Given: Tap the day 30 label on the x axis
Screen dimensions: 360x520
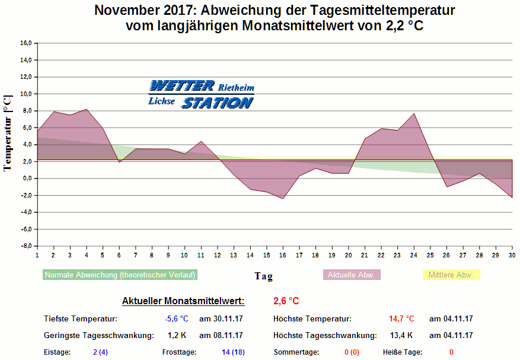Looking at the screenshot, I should [512, 255].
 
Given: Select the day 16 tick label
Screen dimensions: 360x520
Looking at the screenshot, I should [283, 255].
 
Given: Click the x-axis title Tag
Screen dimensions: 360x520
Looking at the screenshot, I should [264, 276].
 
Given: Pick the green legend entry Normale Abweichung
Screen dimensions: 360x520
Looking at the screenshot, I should [120, 275].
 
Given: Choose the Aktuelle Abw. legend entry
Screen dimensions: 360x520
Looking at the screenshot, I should [351, 275].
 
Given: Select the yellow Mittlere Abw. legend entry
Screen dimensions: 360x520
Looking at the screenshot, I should [451, 275].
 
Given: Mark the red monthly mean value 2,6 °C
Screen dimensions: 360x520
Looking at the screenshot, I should [286, 301].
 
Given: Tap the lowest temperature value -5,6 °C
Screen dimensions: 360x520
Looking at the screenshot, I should [176, 319].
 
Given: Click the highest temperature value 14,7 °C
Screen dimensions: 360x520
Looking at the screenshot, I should [401, 319].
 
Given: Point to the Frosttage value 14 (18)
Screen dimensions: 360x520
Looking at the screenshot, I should [233, 352].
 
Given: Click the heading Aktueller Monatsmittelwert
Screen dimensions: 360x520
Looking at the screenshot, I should [183, 301].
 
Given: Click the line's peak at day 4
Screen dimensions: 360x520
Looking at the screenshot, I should [87, 109].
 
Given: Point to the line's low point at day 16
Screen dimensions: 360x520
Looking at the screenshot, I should [283, 198].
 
